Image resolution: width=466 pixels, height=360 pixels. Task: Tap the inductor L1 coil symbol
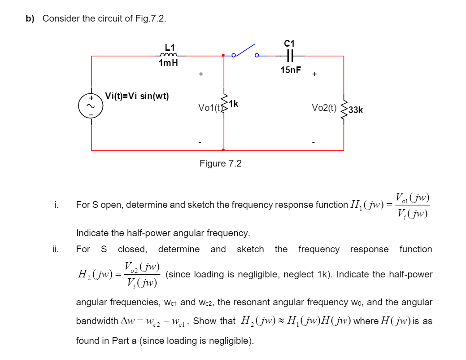[x=168, y=55]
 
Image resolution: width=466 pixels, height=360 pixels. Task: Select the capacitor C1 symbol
[x=290, y=56]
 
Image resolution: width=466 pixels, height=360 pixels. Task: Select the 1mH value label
[x=168, y=63]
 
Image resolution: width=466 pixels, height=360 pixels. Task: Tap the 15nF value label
[x=291, y=70]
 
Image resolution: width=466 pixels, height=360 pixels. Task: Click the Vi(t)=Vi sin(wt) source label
[x=137, y=96]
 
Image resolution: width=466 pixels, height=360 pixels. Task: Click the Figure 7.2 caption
[x=220, y=163]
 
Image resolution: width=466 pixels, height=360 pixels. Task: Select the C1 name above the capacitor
[x=290, y=44]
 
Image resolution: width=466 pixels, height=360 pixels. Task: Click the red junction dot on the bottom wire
[x=223, y=150]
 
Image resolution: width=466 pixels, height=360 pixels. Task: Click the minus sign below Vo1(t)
[x=200, y=142]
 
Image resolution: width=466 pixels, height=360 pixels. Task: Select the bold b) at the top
[x=30, y=19]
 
